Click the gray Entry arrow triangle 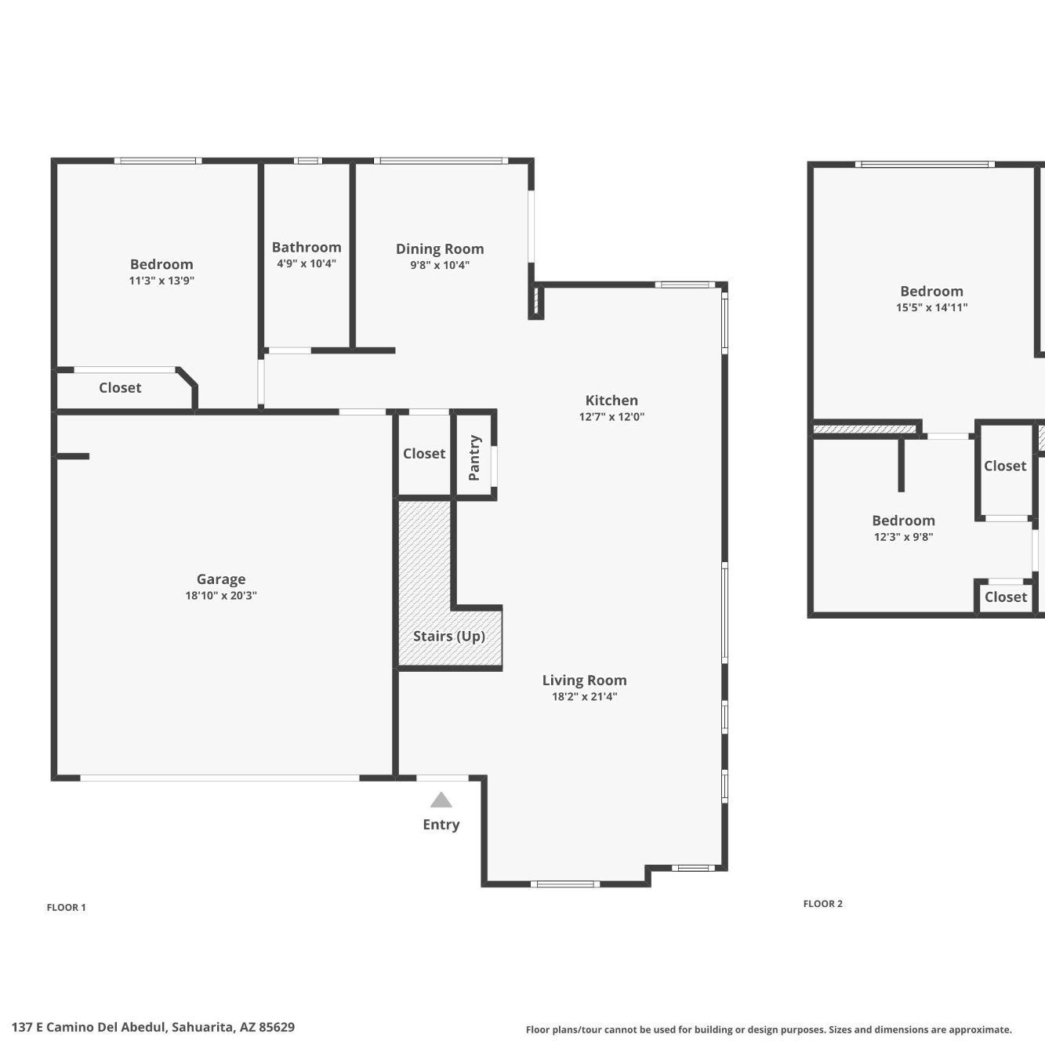point(441,800)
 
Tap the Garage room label point(221,579)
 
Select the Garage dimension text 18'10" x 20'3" point(221,596)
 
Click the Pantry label point(474,458)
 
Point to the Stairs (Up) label point(449,636)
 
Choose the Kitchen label point(611,401)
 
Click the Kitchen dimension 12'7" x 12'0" point(611,416)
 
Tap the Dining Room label point(440,249)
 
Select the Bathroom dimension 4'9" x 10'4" point(307,263)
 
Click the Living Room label point(585,680)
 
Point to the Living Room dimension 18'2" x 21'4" point(585,696)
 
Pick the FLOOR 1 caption point(66,907)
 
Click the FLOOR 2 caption point(822,903)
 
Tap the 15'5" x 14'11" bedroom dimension point(931,307)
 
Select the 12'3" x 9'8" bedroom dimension point(903,537)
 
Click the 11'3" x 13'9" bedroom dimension point(161,281)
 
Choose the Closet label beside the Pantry point(424,453)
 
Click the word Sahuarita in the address point(203,1027)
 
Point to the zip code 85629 point(277,1027)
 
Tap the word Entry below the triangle point(441,824)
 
